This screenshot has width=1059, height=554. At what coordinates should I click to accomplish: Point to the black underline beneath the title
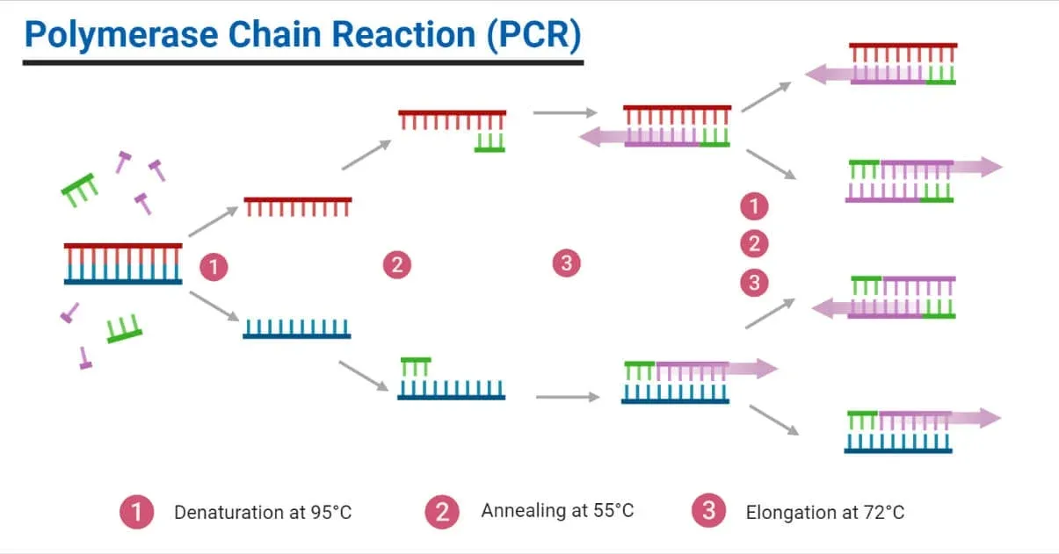(302, 62)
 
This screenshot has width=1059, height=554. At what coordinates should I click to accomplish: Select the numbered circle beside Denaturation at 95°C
(137, 511)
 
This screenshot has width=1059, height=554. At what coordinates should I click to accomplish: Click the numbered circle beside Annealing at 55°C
(442, 511)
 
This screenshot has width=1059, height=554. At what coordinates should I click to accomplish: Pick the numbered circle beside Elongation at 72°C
(708, 511)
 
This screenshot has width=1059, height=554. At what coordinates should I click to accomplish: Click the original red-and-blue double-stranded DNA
(123, 263)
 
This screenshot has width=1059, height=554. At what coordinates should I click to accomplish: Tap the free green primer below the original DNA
(124, 329)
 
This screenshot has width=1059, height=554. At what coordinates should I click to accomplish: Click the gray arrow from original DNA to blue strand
(214, 304)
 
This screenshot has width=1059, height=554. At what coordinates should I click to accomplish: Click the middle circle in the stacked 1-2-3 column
(753, 244)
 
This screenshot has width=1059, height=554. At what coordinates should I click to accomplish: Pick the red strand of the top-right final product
(903, 46)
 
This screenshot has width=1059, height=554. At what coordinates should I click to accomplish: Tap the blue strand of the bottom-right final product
(898, 450)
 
